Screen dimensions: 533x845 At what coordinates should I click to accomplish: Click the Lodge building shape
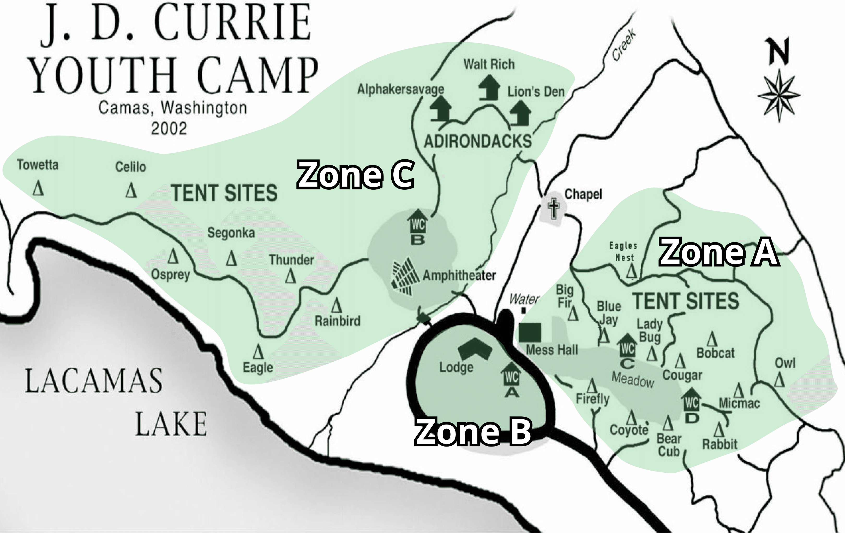pos(475,349)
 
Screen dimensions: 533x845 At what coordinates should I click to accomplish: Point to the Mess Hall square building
pos(530,332)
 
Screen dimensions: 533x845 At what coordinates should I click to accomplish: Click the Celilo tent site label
pos(130,167)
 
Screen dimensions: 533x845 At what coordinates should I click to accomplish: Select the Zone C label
pos(356,175)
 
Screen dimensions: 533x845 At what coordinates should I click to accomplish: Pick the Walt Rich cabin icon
pos(489,88)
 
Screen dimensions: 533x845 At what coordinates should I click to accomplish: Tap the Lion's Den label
pos(536,92)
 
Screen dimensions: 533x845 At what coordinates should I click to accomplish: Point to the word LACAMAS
pos(94,381)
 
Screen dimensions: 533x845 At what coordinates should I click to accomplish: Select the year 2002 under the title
pos(169,129)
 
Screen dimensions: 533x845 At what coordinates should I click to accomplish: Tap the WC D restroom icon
pos(691,401)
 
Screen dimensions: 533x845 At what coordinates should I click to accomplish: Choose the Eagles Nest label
pos(623,252)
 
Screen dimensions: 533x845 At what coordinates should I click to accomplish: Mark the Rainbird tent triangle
pos(337,305)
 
